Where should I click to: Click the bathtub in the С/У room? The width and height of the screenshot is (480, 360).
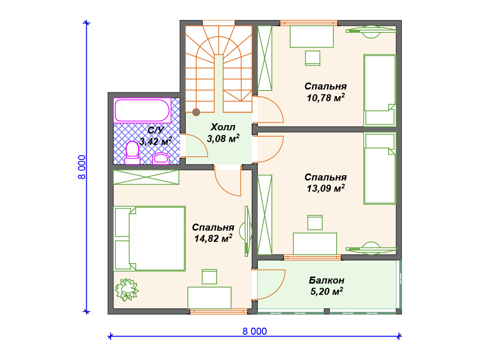142,111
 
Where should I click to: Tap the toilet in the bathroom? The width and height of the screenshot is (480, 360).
132,153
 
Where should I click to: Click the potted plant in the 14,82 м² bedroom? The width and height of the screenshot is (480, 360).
127,289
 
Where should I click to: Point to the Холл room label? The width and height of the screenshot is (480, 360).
223,127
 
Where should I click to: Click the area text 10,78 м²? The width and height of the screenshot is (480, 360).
326,97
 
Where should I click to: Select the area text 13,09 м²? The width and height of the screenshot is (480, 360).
326,188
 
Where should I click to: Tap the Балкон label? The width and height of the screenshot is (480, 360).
327,280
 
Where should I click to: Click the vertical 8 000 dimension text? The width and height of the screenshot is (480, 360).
82,167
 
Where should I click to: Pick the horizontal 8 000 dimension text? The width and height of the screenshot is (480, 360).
255,331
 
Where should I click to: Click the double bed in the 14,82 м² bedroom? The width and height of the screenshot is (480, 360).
150,239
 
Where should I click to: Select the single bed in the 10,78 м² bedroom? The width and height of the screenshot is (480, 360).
380,90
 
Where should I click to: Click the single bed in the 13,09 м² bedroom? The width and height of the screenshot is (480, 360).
380,168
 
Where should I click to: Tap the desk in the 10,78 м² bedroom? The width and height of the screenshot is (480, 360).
312,37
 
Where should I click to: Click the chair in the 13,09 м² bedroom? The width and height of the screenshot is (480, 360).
315,223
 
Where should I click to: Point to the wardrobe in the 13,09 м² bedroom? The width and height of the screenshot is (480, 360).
264,215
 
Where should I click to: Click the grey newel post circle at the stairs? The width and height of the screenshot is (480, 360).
196,112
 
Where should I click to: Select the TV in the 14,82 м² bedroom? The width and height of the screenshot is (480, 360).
247,231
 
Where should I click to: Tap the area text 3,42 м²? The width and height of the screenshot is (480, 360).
156,141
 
